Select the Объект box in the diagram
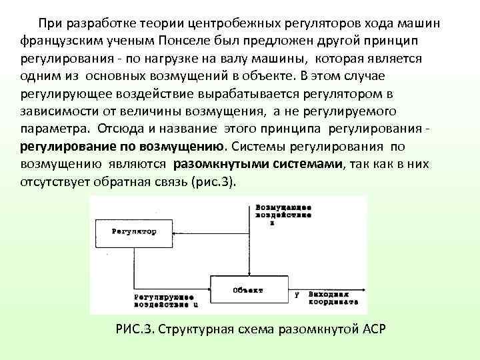[x=248, y=290]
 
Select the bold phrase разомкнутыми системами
[x=257, y=163]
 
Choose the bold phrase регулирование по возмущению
[x=121, y=145]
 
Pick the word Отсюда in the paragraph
[x=121, y=128]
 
